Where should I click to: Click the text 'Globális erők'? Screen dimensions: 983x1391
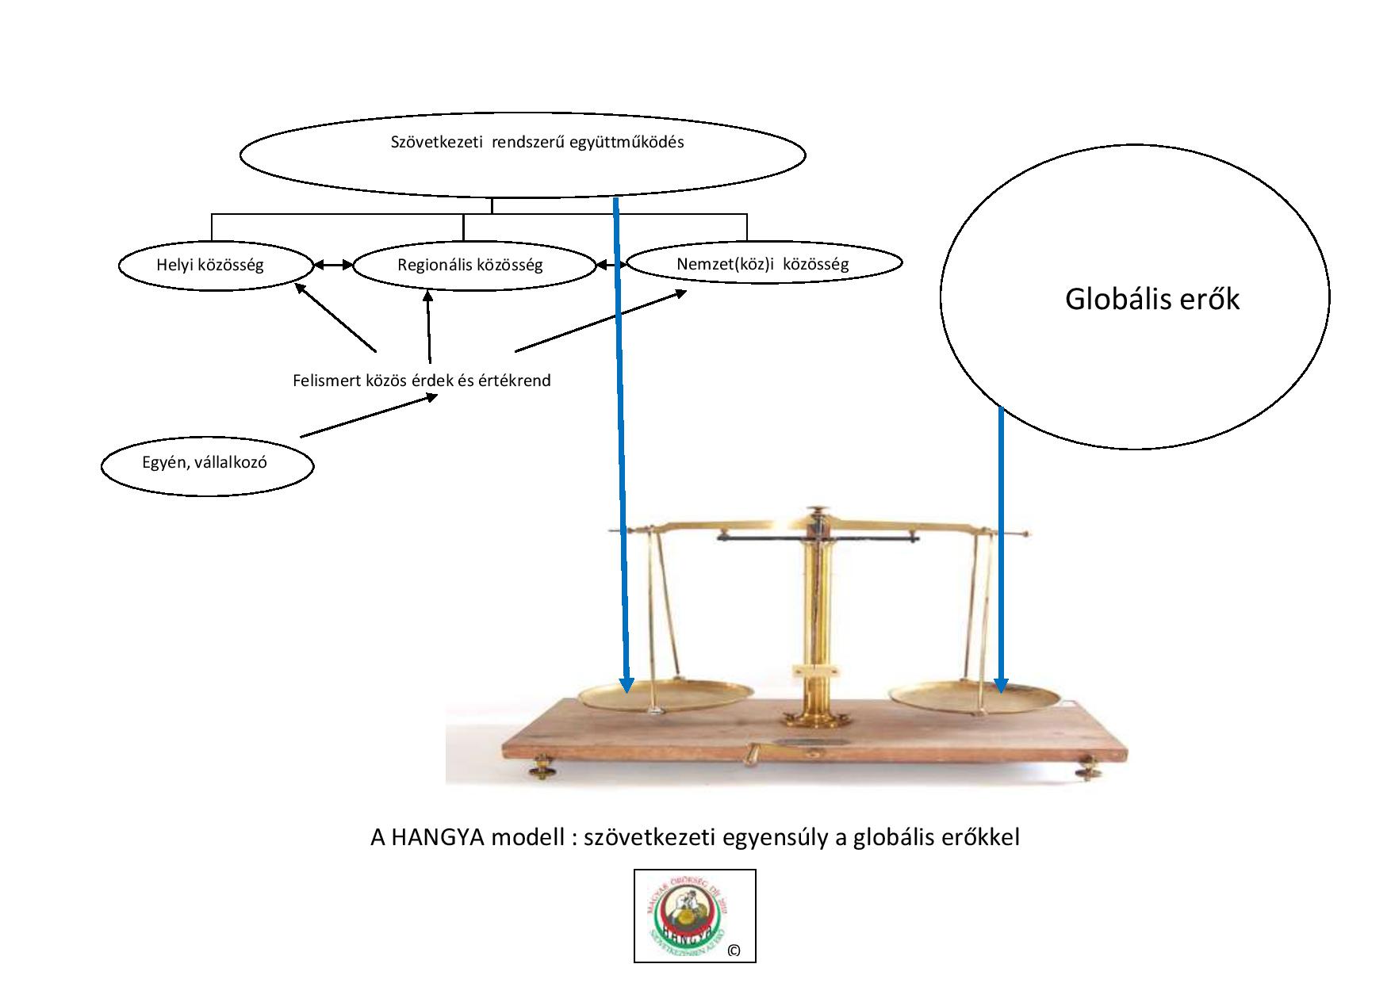[1152, 300]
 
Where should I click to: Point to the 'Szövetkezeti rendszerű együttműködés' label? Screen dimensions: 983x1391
[537, 143]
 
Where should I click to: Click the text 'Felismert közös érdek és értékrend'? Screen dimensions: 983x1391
[421, 381]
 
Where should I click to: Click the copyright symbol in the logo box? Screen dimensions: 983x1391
[734, 950]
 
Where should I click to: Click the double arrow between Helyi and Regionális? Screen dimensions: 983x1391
[333, 266]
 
